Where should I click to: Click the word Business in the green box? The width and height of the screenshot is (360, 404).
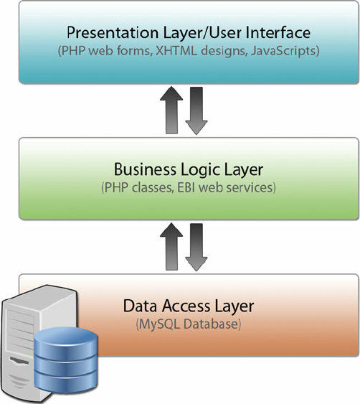pyautogui.click(x=141, y=169)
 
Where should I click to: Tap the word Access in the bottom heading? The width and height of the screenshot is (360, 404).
pyautogui.click(x=179, y=306)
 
